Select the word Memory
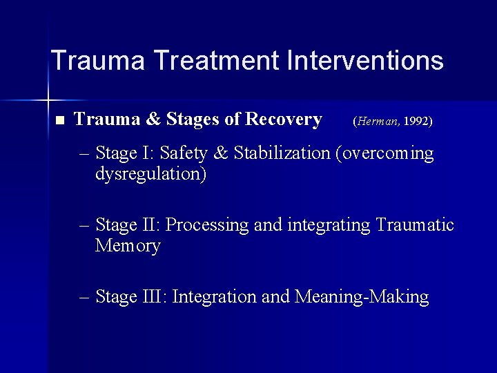point(128,246)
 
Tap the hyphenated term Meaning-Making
point(362,298)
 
